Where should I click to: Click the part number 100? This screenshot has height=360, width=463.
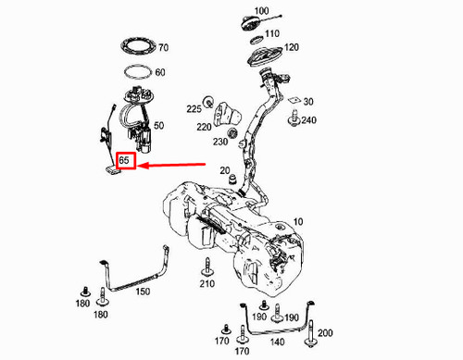pyautogui.click(x=261, y=11)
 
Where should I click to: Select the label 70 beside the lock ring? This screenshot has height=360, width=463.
pyautogui.click(x=163, y=47)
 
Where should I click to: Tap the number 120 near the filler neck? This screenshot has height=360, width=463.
pyautogui.click(x=292, y=47)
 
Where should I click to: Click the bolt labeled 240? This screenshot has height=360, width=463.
pyautogui.click(x=294, y=119)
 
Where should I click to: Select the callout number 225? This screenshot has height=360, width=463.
pyautogui.click(x=193, y=108)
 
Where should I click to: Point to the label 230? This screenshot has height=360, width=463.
pyautogui.click(x=219, y=142)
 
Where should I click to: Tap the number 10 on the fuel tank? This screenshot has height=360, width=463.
pyautogui.click(x=298, y=221)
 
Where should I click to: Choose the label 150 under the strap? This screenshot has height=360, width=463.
pyautogui.click(x=143, y=292)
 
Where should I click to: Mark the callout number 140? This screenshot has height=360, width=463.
pyautogui.click(x=275, y=341)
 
